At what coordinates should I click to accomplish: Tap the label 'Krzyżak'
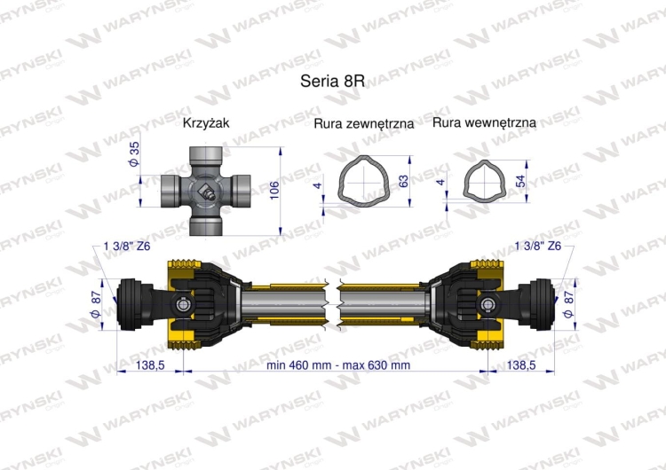click(206, 123)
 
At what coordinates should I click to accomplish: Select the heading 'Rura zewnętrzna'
click(364, 124)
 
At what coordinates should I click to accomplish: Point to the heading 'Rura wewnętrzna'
click(484, 123)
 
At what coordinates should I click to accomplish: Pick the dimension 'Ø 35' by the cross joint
click(135, 155)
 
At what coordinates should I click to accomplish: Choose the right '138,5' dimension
click(525, 364)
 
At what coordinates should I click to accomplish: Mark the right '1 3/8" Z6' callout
click(538, 246)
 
